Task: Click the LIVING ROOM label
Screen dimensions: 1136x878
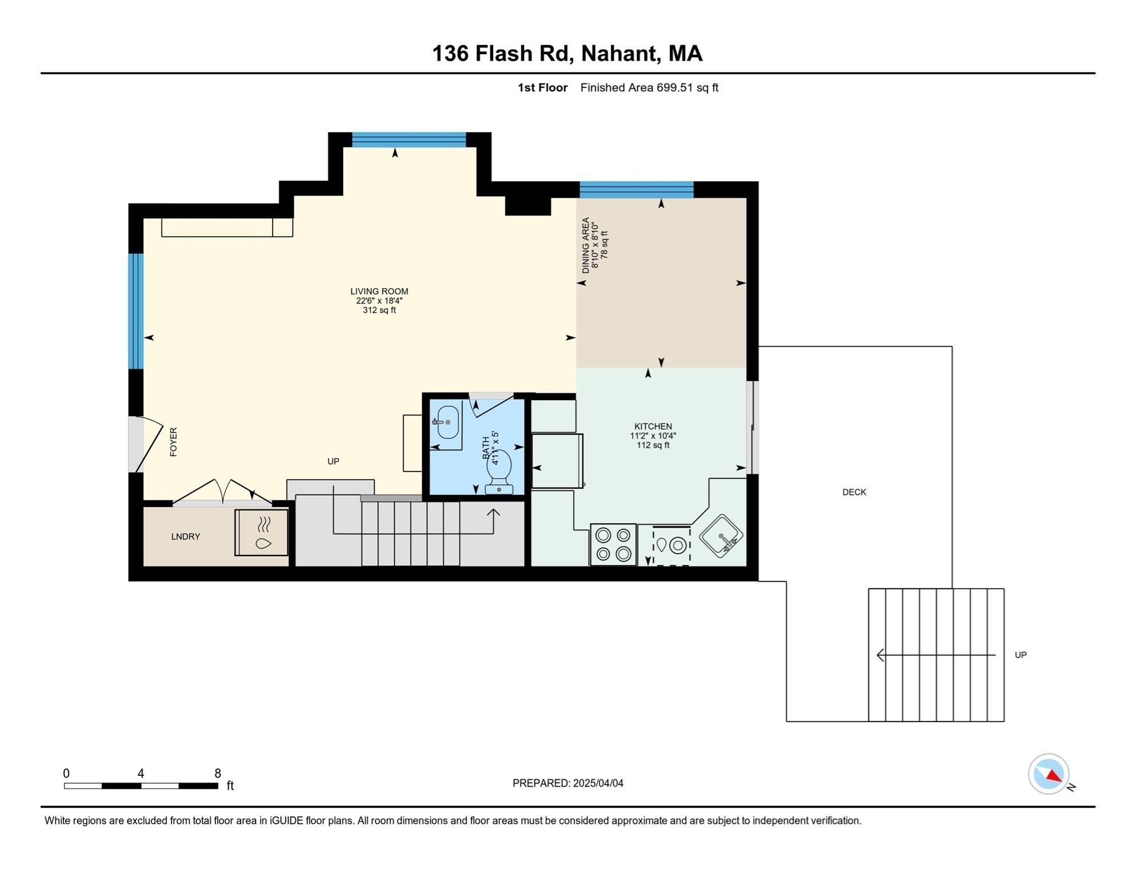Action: tap(379, 292)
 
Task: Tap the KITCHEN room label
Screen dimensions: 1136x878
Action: tap(653, 426)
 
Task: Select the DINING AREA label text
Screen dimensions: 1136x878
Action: tap(586, 245)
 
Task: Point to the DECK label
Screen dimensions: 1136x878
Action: tap(854, 492)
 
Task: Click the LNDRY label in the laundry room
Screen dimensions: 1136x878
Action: tap(186, 537)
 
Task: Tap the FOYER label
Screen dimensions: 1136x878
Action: tap(174, 442)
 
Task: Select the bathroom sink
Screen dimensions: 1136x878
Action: tap(447, 423)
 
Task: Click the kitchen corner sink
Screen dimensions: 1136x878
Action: tap(721, 536)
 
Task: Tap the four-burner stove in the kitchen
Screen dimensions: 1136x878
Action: tap(613, 544)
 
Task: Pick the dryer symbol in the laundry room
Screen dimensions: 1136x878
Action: tap(262, 533)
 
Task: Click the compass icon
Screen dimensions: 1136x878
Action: tap(1049, 774)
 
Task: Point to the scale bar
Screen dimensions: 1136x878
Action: tap(141, 786)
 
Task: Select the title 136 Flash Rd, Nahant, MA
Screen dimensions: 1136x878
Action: tap(567, 53)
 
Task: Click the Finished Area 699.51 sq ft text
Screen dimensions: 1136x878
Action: tap(649, 87)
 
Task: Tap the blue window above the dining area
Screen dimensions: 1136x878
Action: tap(637, 190)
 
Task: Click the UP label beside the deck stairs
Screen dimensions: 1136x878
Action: tap(1021, 655)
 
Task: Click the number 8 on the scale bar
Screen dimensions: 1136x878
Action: tap(218, 773)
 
